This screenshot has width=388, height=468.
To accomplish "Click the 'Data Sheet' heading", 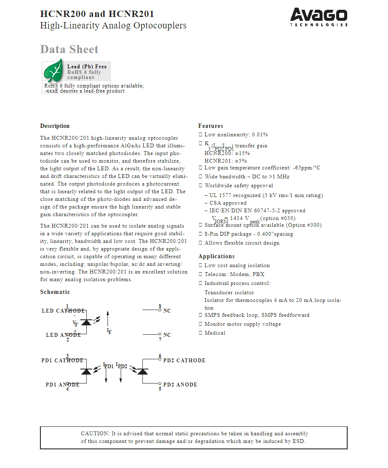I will tap(69, 49).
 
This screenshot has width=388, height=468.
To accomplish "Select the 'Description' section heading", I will tap(55, 126).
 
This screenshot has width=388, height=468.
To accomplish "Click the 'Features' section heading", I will tap(210, 126).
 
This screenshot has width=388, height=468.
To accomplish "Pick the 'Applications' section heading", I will tap(216, 257).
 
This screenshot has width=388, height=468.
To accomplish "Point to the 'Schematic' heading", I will tap(55, 292).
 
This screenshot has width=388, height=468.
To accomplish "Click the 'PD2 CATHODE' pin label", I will tap(184, 361).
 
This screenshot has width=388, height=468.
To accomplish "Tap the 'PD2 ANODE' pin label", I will tap(180, 385).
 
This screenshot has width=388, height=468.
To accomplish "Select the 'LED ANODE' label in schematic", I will tap(63, 335).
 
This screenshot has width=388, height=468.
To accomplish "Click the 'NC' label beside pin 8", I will tap(167, 311).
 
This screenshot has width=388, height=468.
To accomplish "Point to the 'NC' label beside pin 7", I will tap(167, 335).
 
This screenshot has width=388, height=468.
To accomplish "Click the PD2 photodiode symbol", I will tap(143, 372).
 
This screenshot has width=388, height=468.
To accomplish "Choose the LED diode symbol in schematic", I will tap(86, 322).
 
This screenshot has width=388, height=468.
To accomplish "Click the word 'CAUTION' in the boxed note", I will tap(95, 434).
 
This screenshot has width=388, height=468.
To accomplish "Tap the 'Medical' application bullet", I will tap(215, 333).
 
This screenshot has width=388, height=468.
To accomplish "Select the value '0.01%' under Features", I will tap(260, 135).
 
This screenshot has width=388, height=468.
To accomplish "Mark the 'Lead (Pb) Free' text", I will tap(87, 67).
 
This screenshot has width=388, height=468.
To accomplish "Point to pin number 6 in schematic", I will tap(160, 356).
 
